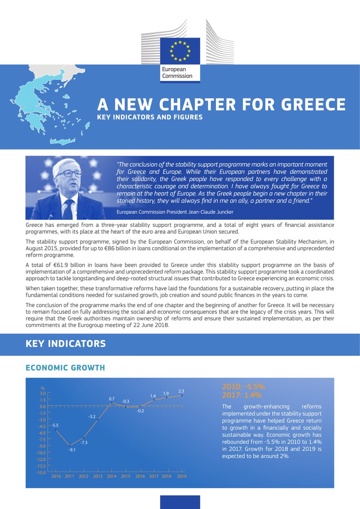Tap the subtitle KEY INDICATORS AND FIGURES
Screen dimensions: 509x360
tap(150, 117)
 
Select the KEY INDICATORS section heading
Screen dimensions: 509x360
tap(66, 344)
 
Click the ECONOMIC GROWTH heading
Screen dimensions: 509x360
tap(65, 367)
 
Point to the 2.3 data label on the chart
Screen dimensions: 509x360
tap(181, 391)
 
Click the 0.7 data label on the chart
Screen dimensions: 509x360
tap(112, 399)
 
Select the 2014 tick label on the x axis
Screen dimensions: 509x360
tap(112, 476)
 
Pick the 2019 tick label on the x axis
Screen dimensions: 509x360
tap(182, 476)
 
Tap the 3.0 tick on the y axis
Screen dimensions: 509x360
tap(42, 393)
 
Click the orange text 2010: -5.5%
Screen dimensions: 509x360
tap(243, 386)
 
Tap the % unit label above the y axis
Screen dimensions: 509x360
tap(42, 388)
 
